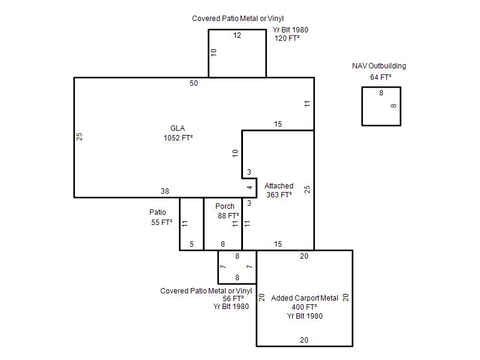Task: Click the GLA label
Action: pos(178,128)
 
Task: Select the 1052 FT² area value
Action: pos(178,138)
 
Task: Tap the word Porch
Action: pos(224,206)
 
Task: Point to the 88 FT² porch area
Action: pos(229,216)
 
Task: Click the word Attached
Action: pos(279,186)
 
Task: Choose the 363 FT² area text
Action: pos(279,194)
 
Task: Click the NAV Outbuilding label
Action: pos(379,66)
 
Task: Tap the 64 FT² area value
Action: pos(381,77)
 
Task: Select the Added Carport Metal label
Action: pos(305,298)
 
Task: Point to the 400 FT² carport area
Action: pos(304,307)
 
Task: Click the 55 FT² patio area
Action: pos(161,222)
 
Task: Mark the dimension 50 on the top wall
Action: pos(194,83)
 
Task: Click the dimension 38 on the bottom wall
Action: pos(165,191)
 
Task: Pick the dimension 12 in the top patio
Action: pos(237,35)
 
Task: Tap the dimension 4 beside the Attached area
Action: pos(250,187)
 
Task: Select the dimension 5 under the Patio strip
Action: pos(191,244)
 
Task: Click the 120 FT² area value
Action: pos(287,38)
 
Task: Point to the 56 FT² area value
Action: pos(233,298)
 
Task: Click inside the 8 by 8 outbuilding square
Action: pos(381,106)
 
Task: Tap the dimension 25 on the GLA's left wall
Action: pos(79,137)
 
